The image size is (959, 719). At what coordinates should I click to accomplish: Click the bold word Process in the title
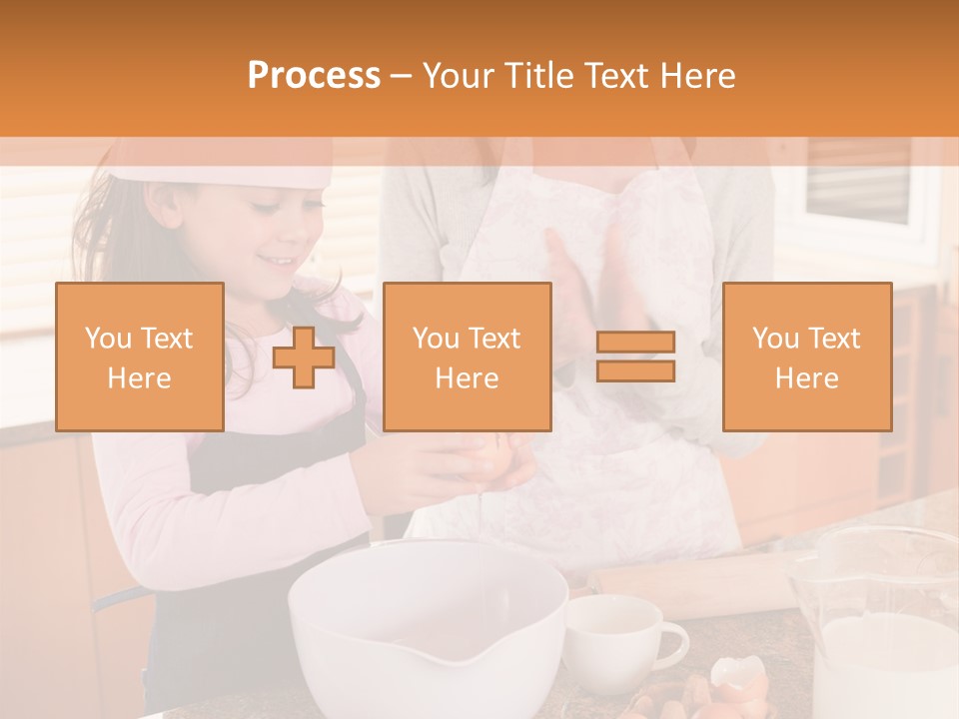tap(314, 76)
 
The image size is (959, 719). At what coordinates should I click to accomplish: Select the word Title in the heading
tap(540, 76)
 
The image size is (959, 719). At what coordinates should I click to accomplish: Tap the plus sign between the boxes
tap(304, 357)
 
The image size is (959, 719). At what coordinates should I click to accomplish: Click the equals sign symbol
tap(635, 357)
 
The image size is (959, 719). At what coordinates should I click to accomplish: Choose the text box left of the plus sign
tap(140, 357)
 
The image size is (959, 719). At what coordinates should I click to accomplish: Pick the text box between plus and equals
tap(467, 357)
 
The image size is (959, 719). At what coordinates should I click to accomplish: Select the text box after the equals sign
tap(806, 357)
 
